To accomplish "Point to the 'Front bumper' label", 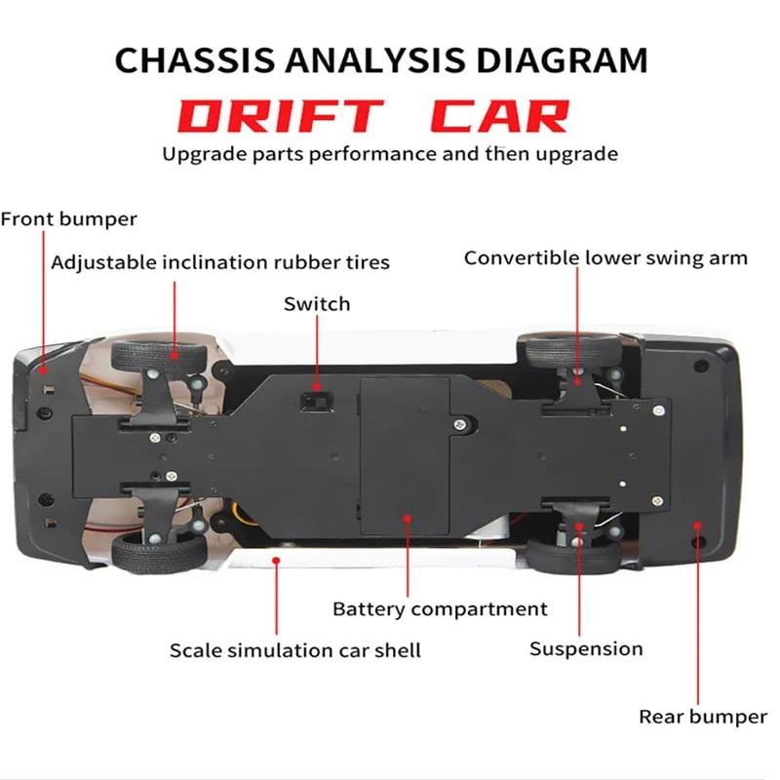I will [68, 218].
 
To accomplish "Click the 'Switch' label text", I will [317, 304].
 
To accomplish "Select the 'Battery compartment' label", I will [440, 609].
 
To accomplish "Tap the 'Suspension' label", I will [586, 648].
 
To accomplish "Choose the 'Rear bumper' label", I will [702, 717].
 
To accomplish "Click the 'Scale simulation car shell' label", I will [295, 649].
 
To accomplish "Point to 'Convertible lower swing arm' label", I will [605, 258].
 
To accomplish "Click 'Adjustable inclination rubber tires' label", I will [220, 262].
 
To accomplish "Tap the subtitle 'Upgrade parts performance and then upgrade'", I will [389, 154].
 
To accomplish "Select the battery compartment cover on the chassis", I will [406, 453].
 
